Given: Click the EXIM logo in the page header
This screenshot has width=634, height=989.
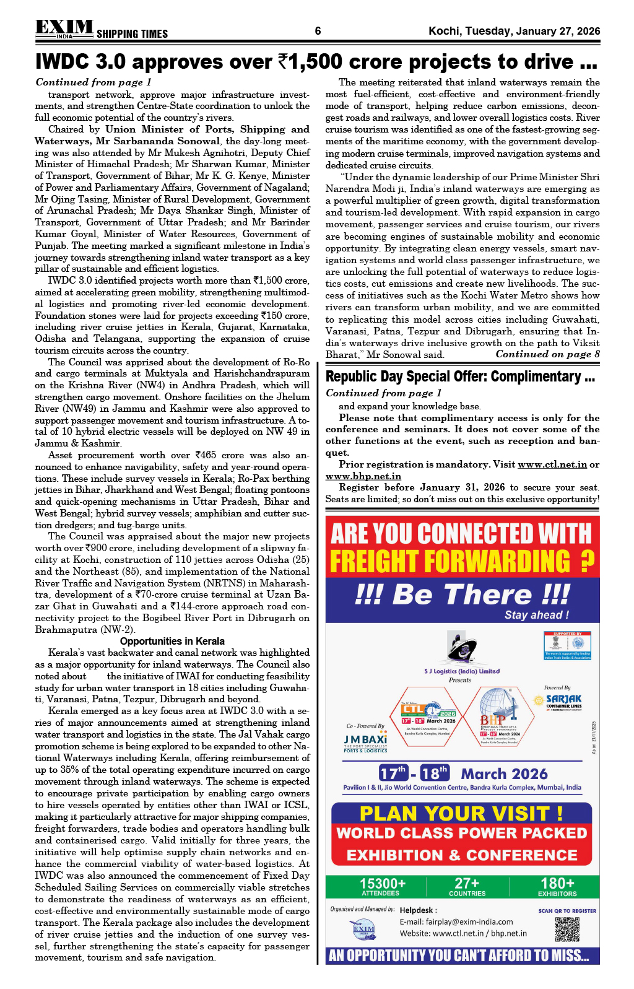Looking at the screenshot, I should (x=64, y=28).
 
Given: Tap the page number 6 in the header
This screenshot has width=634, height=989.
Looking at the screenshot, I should (x=318, y=31).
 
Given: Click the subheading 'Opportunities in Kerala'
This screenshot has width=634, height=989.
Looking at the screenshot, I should (x=172, y=641).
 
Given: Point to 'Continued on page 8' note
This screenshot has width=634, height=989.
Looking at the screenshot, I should (x=547, y=354).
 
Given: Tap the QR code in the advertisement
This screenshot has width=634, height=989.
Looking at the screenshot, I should (x=567, y=929).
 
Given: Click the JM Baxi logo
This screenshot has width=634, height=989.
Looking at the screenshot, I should (x=365, y=741).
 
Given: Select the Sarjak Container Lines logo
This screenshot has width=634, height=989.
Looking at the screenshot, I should (x=563, y=700).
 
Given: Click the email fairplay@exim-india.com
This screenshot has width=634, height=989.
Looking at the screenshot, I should (x=456, y=921).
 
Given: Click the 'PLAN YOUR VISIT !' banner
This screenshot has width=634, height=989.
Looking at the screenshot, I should (x=461, y=814).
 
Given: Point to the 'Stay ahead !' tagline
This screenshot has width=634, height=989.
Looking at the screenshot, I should (x=536, y=615).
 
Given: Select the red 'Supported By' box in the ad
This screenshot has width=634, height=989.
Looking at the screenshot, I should (x=567, y=645).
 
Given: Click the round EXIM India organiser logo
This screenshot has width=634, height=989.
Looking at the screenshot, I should (x=363, y=930).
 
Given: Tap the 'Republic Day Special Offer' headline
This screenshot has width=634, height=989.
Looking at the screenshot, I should (x=460, y=377).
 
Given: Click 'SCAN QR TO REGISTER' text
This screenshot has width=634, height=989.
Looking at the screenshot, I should (x=567, y=911).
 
